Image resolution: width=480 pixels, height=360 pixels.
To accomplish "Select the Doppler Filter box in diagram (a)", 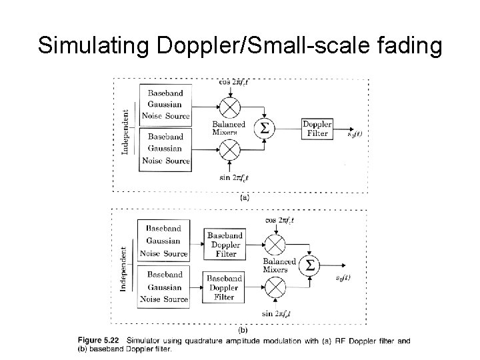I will pos(317,129).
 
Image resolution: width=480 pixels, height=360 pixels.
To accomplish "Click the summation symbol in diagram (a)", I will pos(265,128).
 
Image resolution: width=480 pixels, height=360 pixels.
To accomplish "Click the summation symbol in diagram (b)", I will pos(309,265).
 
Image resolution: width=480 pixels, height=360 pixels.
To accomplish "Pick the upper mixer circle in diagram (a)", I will pos(229,107).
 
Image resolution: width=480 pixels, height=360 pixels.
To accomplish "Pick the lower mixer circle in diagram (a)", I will pos(229,151).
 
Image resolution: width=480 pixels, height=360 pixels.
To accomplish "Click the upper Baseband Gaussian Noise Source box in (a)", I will pos(165,105).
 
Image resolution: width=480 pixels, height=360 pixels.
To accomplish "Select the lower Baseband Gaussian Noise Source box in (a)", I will pos(165,148).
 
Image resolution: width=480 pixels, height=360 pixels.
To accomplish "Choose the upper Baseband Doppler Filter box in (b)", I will pos(225,245).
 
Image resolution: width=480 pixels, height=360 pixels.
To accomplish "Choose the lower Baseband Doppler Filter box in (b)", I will pos(225,287).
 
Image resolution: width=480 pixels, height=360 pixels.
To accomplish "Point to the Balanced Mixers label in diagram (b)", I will pos(276,265).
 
